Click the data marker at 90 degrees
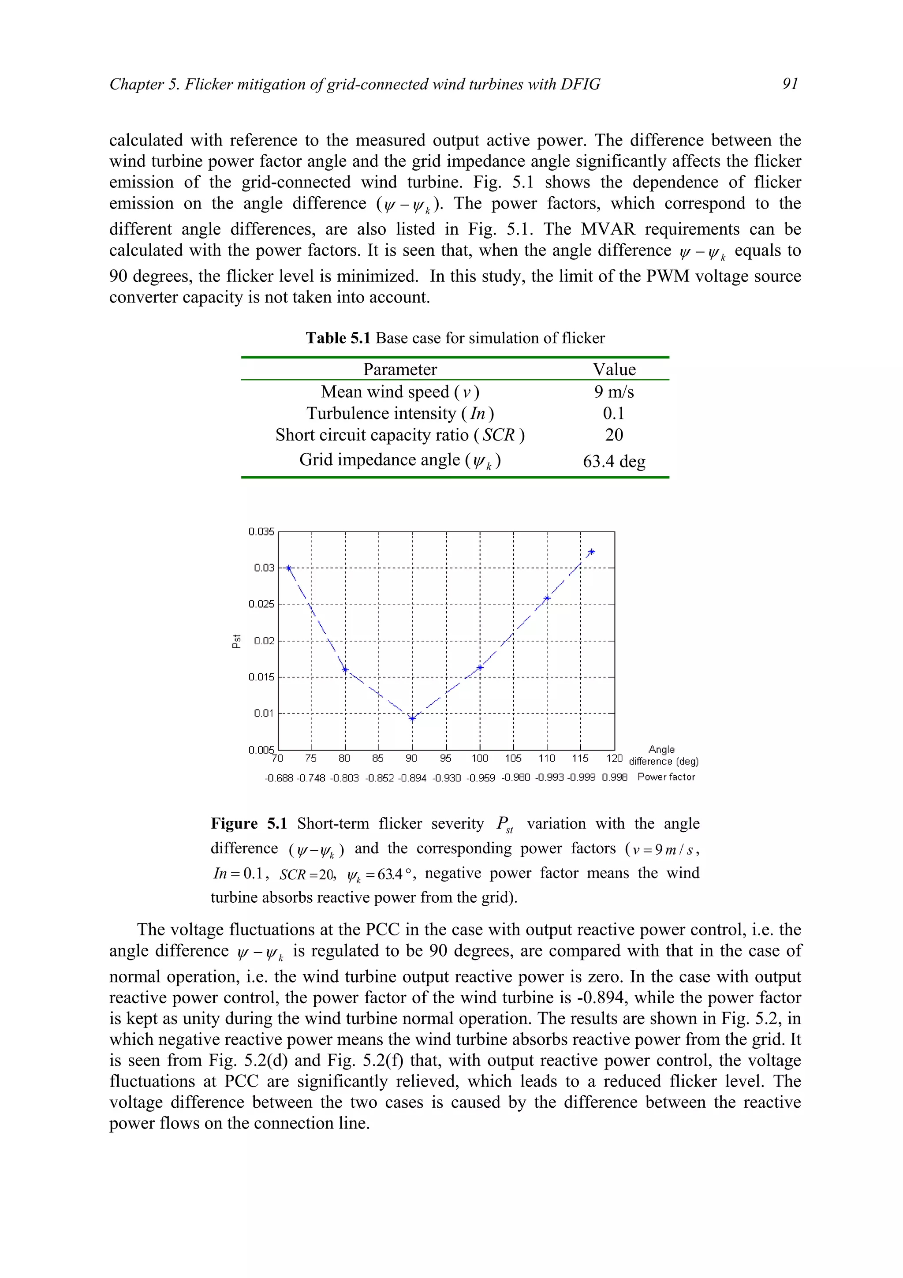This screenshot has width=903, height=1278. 412,718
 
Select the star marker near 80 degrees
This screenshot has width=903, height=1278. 345,669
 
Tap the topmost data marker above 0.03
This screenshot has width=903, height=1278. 591,552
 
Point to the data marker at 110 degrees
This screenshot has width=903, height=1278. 547,598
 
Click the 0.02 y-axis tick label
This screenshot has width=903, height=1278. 264,641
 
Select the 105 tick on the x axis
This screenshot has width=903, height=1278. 513,758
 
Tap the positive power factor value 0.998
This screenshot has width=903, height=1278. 614,777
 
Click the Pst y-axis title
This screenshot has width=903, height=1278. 236,641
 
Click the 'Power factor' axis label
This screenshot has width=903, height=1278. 666,777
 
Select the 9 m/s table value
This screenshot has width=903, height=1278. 614,392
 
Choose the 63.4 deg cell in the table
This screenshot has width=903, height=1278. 614,461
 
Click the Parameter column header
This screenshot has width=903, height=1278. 399,370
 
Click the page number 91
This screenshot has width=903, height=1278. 790,83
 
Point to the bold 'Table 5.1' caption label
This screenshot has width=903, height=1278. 338,338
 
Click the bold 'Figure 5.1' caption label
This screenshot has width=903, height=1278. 249,823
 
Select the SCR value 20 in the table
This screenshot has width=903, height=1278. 614,435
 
